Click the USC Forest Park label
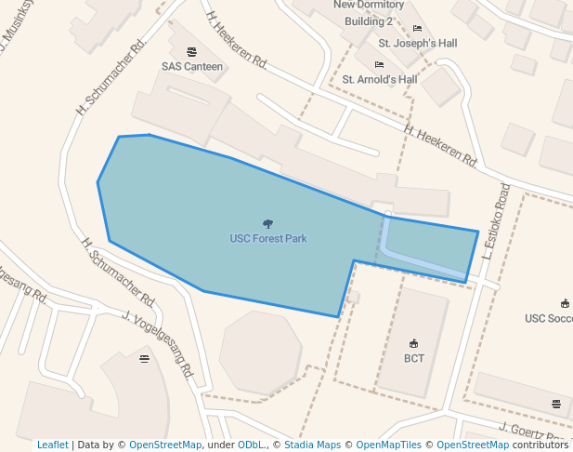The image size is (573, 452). coord(268,239)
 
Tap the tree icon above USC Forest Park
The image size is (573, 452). coord(268,224)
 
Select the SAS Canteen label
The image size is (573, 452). coord(192,67)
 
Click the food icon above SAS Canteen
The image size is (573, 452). coord(192,52)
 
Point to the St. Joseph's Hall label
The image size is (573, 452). coord(418,43)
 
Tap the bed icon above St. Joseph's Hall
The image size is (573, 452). coord(417,29)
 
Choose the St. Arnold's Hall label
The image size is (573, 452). coord(380,79)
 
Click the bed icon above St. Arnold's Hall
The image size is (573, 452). coord(379,65)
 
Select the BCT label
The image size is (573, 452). coord(414,358)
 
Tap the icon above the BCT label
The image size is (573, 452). coord(414,343)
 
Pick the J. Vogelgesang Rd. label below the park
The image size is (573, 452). coord(157,344)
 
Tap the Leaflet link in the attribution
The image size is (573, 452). coord(52,445)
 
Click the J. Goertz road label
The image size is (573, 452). coord(529,432)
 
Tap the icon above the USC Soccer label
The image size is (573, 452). coord(565,303)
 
